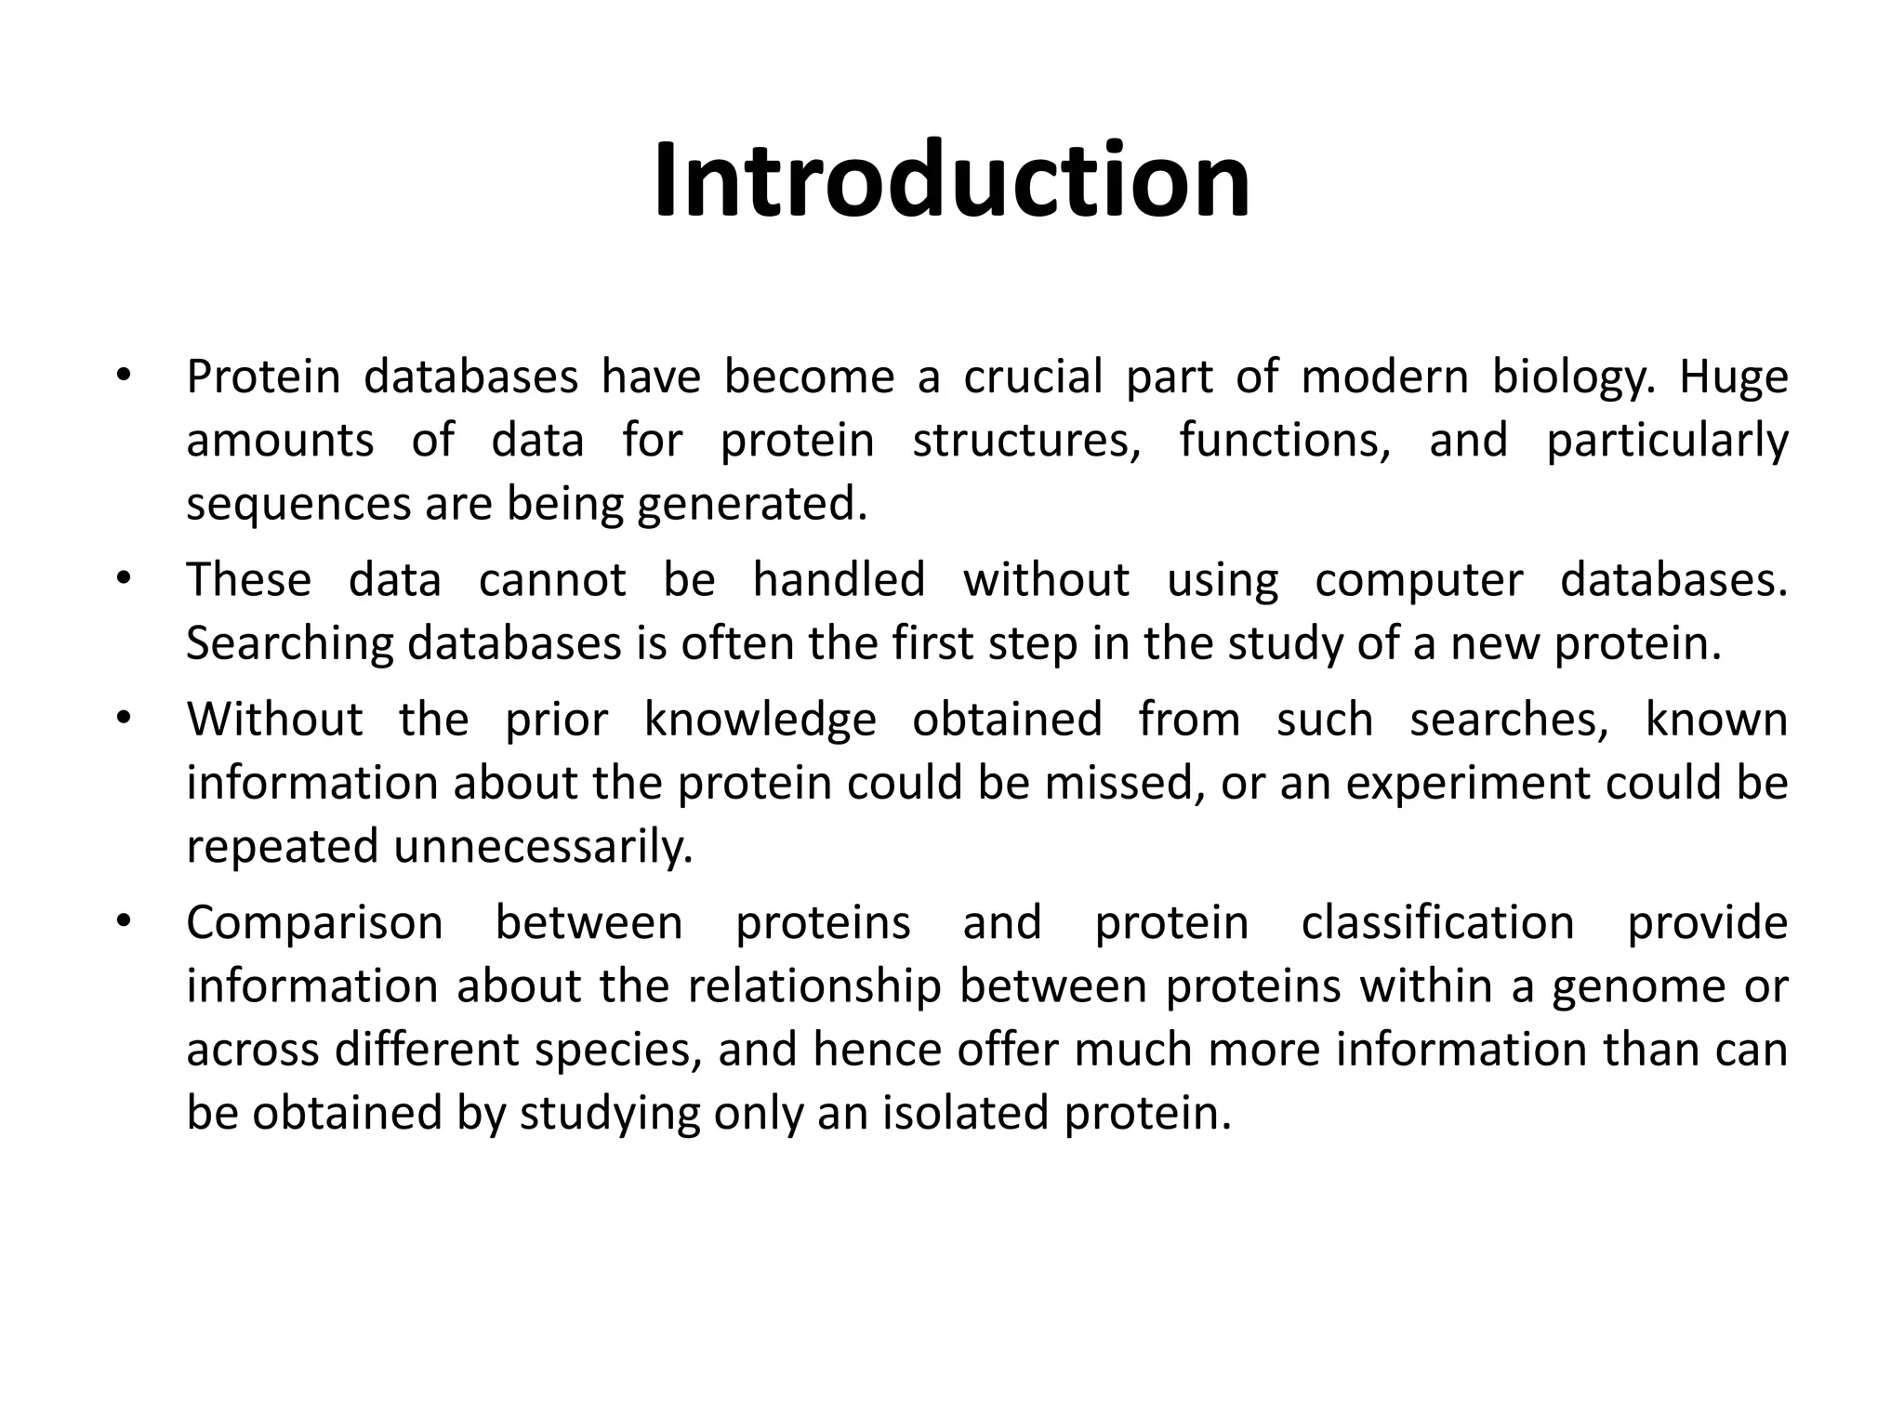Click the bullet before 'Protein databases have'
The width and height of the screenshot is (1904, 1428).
point(122,377)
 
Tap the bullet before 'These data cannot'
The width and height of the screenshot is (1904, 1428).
point(122,579)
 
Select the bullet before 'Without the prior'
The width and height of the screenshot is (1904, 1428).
point(122,719)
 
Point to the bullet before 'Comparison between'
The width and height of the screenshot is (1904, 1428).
point(122,922)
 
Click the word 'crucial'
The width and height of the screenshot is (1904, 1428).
point(1033,377)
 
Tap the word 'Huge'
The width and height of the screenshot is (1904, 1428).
point(1733,377)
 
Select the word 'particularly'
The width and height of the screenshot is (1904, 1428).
point(1667,440)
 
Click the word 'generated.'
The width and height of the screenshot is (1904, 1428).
point(752,504)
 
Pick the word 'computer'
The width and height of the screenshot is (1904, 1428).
point(1419,581)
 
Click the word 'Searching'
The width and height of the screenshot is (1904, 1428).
point(289,644)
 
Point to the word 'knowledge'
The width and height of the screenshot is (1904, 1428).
point(760,720)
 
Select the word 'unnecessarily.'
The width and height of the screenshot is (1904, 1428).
point(543,847)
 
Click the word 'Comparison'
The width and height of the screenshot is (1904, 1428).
point(314,923)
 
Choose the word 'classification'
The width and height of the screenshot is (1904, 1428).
point(1437,923)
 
